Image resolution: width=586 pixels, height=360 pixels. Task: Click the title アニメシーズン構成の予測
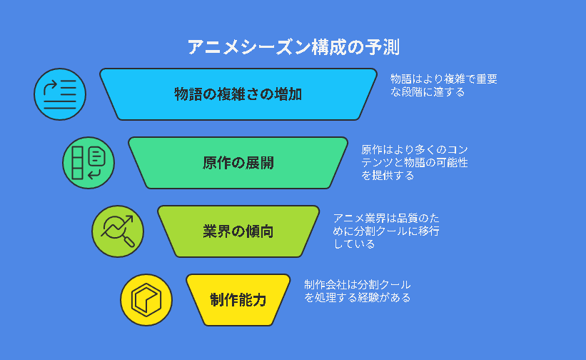(x=293, y=47)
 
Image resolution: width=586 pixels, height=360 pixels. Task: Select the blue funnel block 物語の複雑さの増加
(x=238, y=94)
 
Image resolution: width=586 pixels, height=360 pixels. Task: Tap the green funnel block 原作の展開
(x=238, y=163)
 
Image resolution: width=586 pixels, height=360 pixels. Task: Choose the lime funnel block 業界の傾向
(x=238, y=231)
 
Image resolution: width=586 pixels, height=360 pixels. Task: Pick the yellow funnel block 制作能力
(x=238, y=300)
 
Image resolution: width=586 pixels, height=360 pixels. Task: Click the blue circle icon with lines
(x=60, y=94)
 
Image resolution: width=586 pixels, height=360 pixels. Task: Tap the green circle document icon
(x=89, y=163)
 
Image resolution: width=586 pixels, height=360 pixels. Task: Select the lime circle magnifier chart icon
(x=118, y=231)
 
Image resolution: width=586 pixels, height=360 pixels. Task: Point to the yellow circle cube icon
(x=146, y=300)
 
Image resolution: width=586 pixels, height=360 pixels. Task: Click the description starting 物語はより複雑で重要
(x=444, y=85)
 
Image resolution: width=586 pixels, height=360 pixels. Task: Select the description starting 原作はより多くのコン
(x=415, y=162)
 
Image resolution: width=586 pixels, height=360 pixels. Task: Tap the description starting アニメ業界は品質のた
(x=386, y=231)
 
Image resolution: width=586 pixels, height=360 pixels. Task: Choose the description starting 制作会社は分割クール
(x=358, y=291)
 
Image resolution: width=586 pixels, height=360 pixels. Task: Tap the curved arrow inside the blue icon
(x=49, y=87)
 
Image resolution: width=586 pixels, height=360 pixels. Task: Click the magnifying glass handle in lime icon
(x=129, y=241)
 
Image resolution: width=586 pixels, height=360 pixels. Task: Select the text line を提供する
(x=388, y=175)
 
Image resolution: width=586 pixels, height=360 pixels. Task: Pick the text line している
(x=354, y=244)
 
